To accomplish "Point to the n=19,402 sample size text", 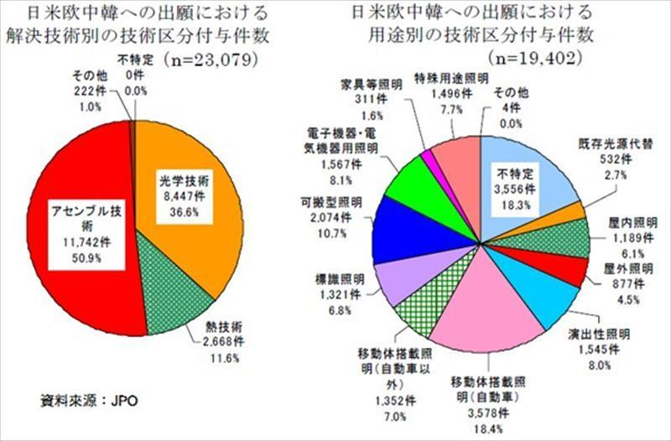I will click(x=533, y=60).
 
